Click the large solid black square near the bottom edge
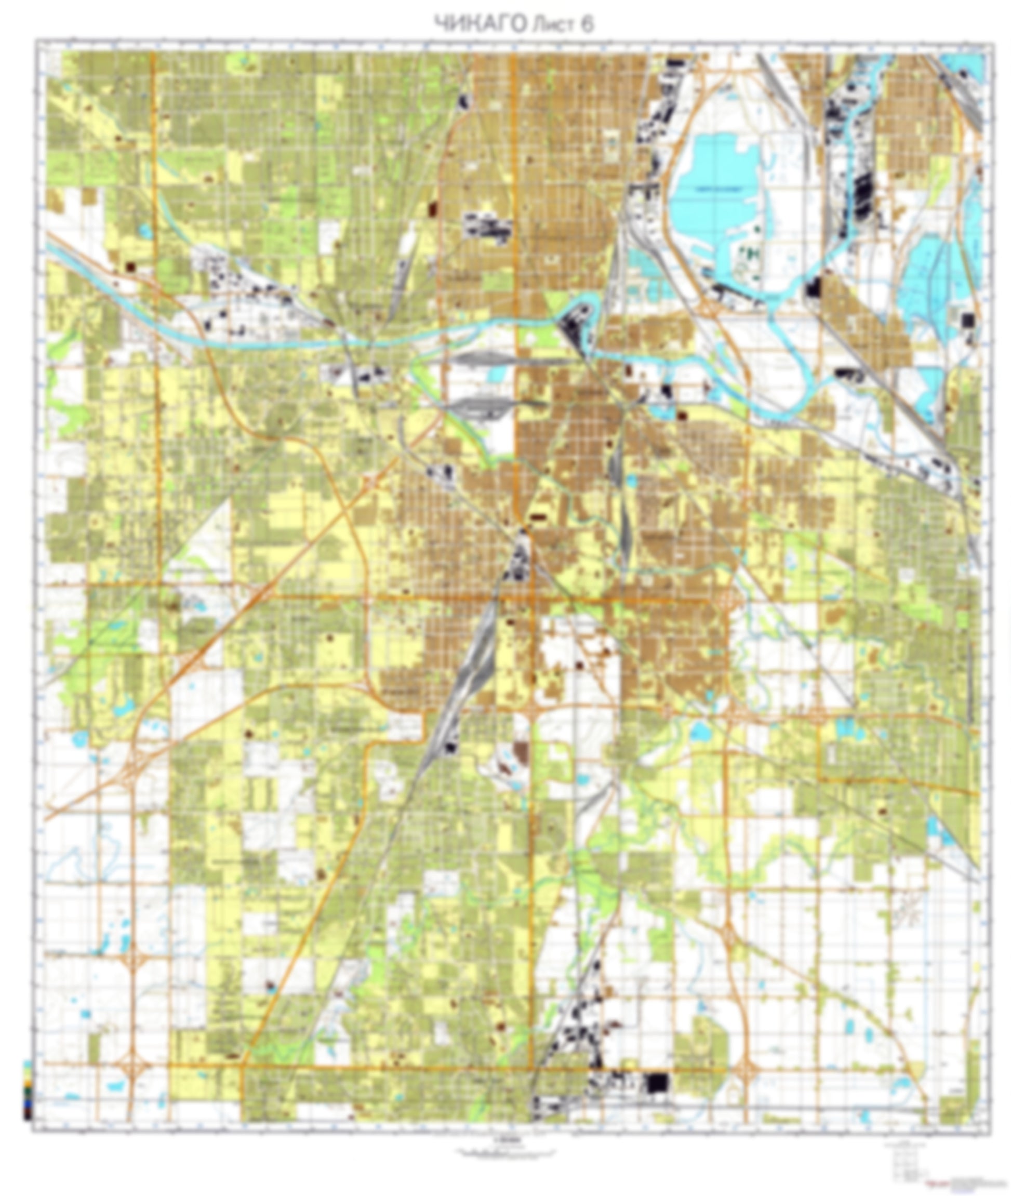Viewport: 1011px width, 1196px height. (x=657, y=1083)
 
